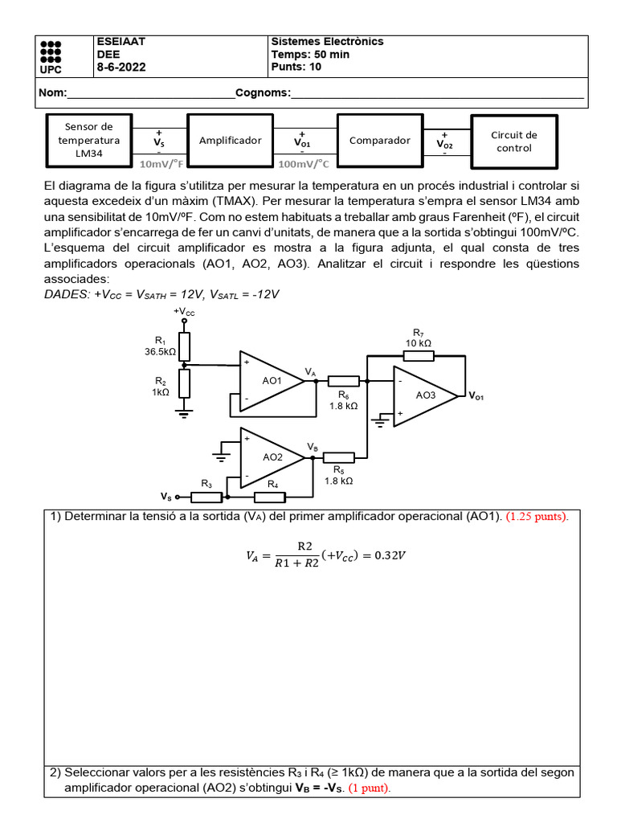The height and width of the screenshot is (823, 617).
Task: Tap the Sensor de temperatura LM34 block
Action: click(x=89, y=140)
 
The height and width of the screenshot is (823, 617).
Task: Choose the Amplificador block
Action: click(x=230, y=140)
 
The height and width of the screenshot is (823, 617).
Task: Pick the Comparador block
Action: click(x=380, y=140)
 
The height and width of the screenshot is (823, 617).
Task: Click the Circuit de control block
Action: click(x=513, y=141)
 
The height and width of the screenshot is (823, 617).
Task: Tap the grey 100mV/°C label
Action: click(x=304, y=164)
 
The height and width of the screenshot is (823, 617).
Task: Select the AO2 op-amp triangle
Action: click(x=271, y=457)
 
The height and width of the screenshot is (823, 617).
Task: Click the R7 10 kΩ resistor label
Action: click(x=418, y=338)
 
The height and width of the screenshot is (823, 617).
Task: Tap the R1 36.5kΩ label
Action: click(x=160, y=346)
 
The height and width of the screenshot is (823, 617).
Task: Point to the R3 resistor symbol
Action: click(x=206, y=496)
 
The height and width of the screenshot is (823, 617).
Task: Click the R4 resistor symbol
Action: click(x=269, y=496)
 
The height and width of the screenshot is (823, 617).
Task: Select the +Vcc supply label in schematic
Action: click(x=184, y=311)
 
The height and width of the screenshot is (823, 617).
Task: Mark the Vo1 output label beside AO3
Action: click(x=477, y=397)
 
